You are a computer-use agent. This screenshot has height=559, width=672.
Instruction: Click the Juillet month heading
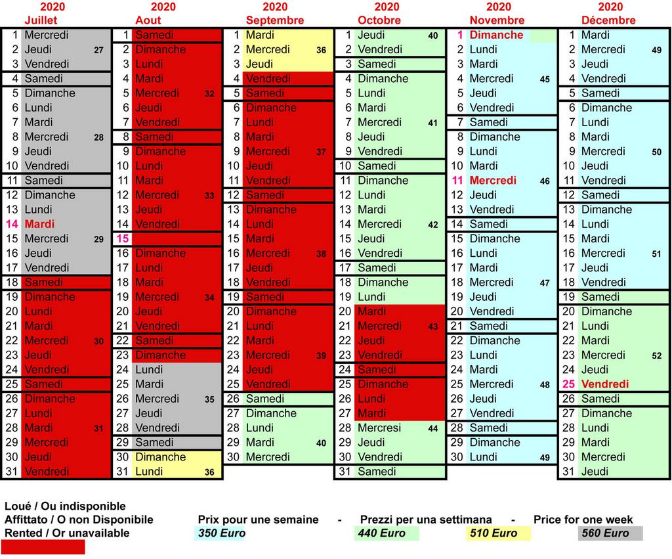40,20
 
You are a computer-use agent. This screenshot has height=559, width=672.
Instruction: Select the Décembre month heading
608,20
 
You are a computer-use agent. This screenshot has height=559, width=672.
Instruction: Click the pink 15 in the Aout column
123,238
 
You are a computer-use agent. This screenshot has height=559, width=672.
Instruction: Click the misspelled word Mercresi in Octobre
379,428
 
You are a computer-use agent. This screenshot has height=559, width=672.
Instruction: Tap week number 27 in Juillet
98,50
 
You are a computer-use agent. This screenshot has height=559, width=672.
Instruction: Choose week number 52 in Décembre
657,355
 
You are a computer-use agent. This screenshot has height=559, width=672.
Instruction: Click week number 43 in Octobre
432,326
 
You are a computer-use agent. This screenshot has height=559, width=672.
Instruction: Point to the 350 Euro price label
221,533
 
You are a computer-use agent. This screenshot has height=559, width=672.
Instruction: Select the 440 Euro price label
382,533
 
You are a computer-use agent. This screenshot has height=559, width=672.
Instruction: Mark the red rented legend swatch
43,547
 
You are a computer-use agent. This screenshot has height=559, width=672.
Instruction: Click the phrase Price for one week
583,520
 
